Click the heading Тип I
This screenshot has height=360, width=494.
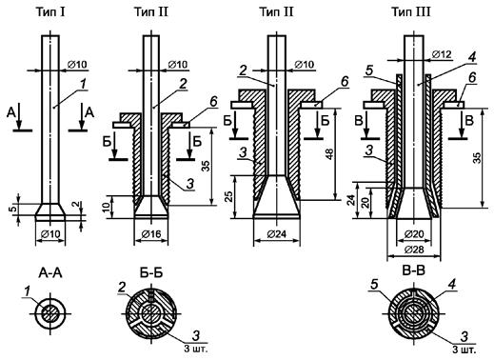tap(50, 12)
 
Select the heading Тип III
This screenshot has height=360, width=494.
tap(411, 12)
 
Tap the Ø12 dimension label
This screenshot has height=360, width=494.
tap(442, 54)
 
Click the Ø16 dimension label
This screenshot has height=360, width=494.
tap(151, 234)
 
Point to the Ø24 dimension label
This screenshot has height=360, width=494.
tap(277, 234)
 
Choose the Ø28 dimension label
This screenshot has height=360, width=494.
tap(414, 250)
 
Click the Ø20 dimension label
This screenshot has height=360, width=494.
tap(414, 234)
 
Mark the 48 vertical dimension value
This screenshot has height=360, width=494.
tap(330, 154)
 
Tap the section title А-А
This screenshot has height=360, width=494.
tap(50, 273)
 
